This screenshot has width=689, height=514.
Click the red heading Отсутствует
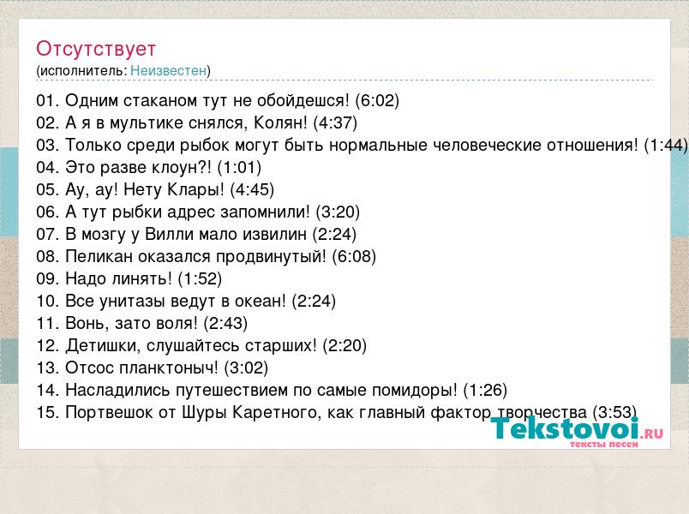(x=96, y=49)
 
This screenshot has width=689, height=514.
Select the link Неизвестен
(x=168, y=71)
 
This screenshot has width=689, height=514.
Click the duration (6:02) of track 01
(x=377, y=100)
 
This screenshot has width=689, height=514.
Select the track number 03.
(x=47, y=145)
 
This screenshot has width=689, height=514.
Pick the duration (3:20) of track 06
(x=338, y=212)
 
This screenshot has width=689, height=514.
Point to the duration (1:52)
(x=200, y=279)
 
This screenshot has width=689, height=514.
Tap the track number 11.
(x=47, y=323)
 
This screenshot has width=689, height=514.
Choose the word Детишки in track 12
(x=103, y=346)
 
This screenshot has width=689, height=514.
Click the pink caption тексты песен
(x=604, y=445)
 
